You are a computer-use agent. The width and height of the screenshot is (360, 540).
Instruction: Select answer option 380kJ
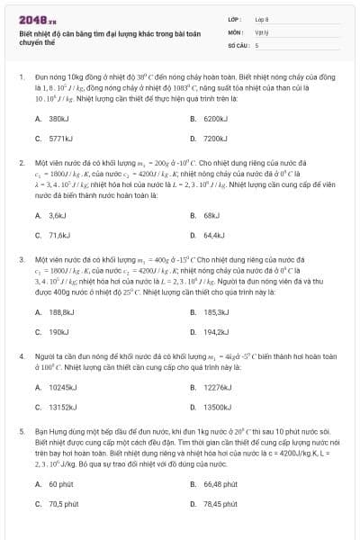click(58, 119)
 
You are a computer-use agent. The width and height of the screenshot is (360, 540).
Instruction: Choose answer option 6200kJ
click(214, 119)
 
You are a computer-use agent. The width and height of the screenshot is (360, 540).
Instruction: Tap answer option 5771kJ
click(59, 139)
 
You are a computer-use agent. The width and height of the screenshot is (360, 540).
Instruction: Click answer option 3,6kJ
click(57, 216)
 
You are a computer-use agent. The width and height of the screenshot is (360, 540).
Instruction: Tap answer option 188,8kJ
click(60, 312)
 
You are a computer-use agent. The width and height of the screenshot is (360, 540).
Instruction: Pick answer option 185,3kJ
click(215, 312)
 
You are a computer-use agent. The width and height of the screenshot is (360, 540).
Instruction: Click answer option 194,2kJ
click(215, 332)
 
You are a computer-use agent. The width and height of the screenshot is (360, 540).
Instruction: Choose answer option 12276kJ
click(216, 387)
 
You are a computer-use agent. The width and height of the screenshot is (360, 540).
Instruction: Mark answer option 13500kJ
click(216, 407)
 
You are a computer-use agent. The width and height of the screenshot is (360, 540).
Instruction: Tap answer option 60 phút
click(59, 484)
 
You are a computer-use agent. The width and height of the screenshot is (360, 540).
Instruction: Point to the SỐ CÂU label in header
click(238, 44)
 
